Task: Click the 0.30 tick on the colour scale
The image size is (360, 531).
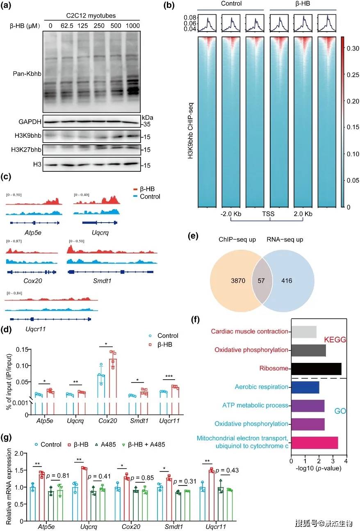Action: coord(351,48)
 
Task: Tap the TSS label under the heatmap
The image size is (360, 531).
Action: coord(269,214)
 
